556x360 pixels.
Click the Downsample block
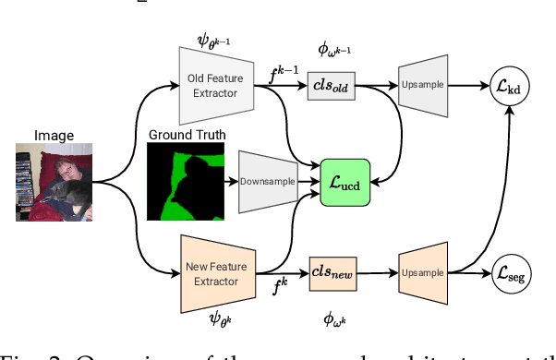pos(268,181)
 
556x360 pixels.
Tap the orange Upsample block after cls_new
pos(422,273)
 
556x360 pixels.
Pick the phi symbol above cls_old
pos(334,49)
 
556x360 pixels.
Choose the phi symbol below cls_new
pos(334,318)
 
